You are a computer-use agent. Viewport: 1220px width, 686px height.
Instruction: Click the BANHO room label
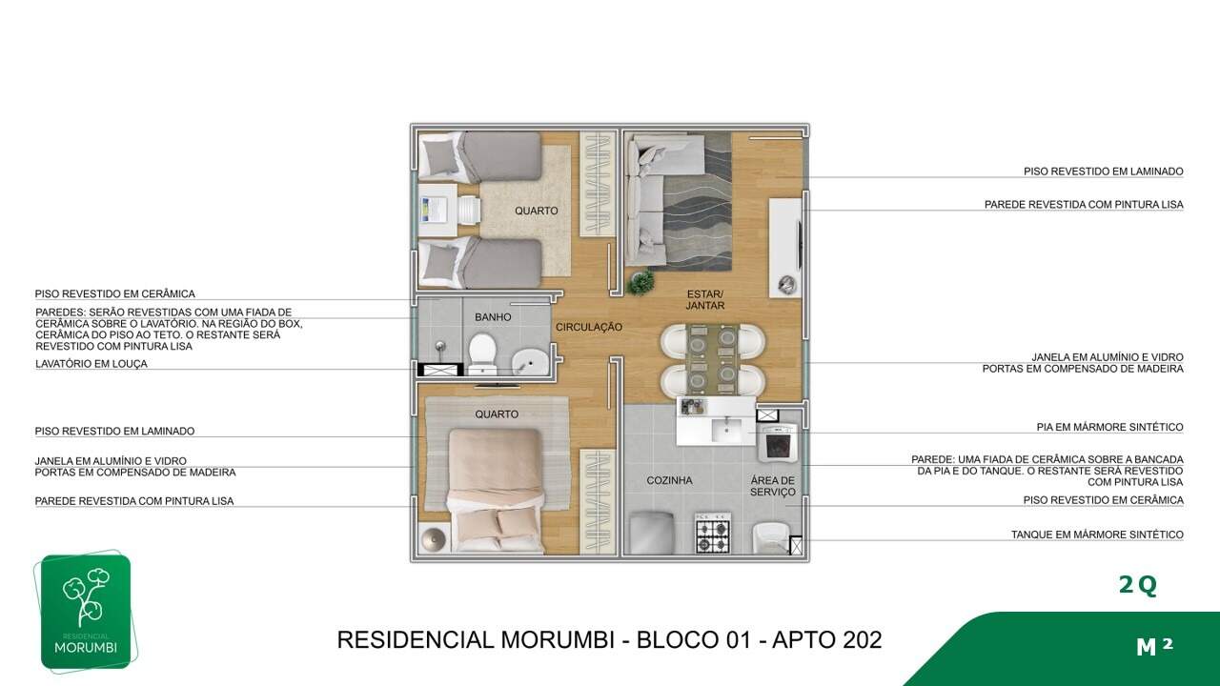coord(493,317)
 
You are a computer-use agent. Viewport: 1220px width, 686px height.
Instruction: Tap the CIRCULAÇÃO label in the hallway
coord(589,327)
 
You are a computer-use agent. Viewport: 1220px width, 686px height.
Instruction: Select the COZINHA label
coord(669,480)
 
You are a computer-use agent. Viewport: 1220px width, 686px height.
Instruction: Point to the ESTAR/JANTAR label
coord(705,300)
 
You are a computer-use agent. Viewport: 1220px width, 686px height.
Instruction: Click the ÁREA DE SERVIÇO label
coord(773,486)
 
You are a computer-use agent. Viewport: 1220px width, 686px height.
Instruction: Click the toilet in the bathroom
coord(482,353)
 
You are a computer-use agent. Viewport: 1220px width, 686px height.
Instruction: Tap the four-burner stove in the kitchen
coord(713,532)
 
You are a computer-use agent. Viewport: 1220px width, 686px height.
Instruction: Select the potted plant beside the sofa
coord(640,282)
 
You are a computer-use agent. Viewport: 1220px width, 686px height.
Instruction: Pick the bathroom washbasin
coord(530,362)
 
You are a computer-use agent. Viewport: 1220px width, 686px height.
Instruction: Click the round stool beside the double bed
coord(434,539)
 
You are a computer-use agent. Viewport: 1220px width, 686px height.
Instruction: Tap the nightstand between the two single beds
coord(437,211)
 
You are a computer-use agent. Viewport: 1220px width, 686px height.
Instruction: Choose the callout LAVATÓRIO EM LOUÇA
coord(91,364)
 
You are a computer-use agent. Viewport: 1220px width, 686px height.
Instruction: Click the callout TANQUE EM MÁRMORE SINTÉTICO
coord(1097,535)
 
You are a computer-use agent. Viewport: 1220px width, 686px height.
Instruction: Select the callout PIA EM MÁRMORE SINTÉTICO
coord(1110,427)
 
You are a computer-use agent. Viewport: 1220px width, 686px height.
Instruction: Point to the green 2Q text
coord(1138,585)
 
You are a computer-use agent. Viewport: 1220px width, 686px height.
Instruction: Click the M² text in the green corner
coord(1154,646)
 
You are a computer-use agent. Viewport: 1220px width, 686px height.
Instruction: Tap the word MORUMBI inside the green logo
coord(86,648)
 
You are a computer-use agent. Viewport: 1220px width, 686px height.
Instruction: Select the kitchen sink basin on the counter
coord(725,430)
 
